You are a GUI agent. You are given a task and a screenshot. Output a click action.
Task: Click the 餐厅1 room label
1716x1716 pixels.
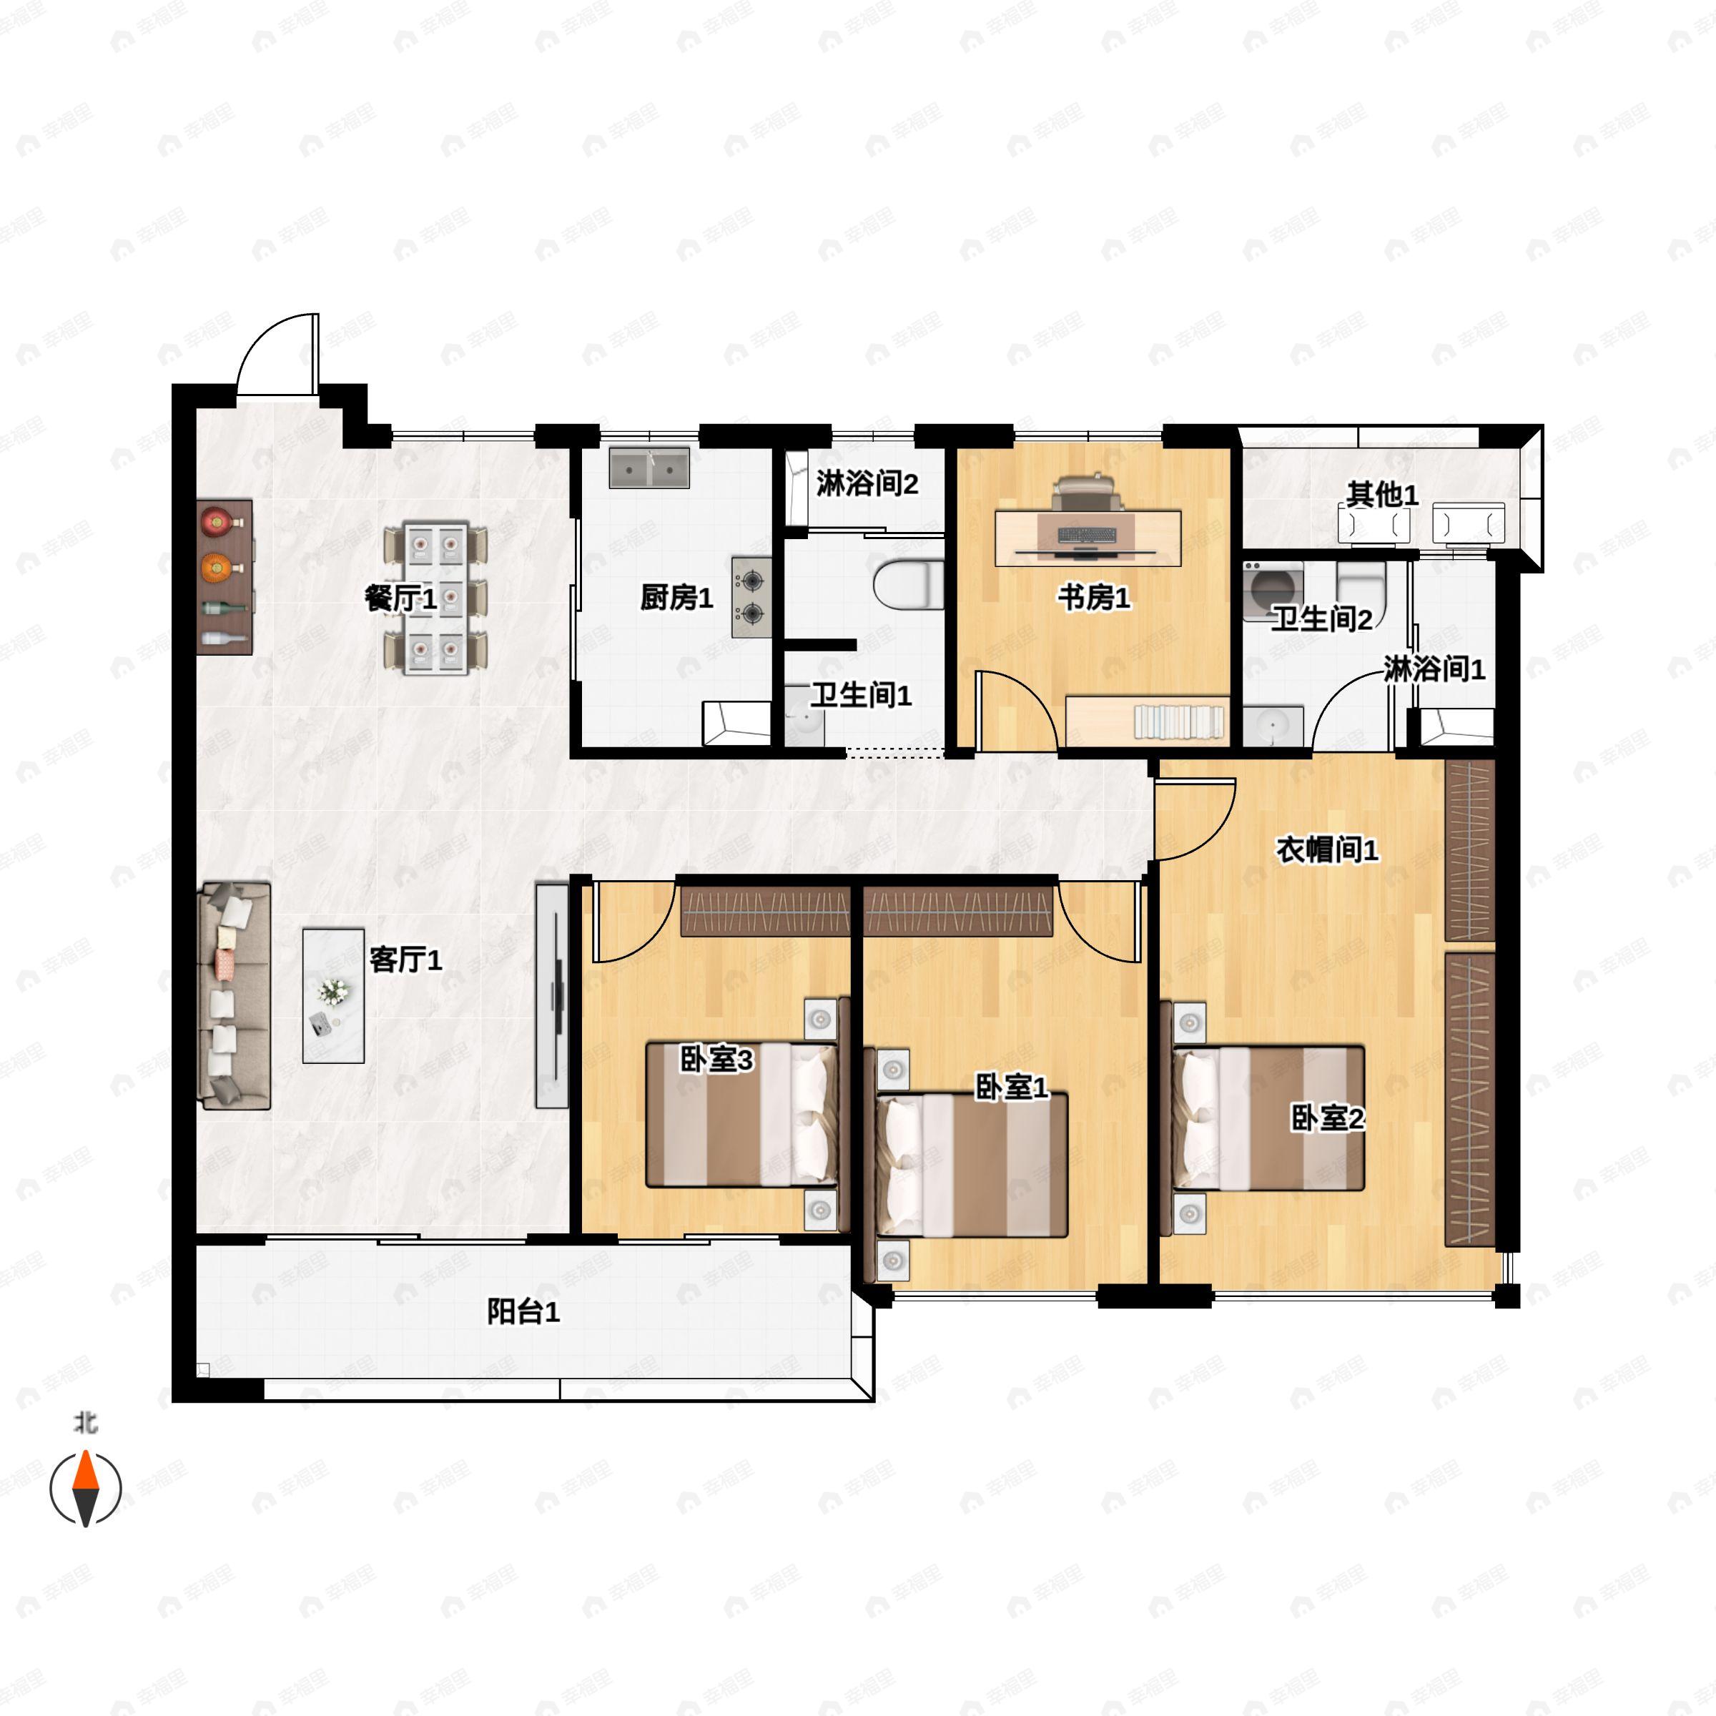[400, 598]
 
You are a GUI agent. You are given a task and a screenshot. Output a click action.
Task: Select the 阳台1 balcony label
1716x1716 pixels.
[523, 1311]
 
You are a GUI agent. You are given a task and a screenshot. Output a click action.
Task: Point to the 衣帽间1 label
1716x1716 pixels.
[1327, 850]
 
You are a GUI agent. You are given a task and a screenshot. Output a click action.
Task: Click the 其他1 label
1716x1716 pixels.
[1382, 495]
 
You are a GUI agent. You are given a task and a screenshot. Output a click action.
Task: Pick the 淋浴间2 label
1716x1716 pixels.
[867, 484]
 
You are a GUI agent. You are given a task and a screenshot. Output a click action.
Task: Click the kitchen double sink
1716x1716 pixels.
[649, 468]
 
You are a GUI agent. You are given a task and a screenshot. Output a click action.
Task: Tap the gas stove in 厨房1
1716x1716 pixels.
[751, 597]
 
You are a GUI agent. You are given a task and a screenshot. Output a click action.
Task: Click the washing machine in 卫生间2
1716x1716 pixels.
[1272, 590]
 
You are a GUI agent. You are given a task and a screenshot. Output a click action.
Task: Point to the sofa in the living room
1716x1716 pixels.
[235, 996]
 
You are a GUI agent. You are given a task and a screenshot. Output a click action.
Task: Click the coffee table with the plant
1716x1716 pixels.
[333, 996]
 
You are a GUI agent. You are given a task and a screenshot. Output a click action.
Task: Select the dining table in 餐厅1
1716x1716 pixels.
[435, 598]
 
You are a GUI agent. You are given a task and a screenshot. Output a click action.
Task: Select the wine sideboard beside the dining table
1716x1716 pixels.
[225, 577]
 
